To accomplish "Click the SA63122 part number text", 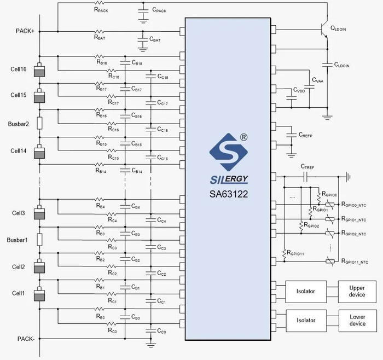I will (229, 193).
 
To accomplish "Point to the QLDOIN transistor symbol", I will (325, 32).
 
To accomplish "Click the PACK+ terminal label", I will (25, 31).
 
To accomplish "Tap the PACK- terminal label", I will (26, 339).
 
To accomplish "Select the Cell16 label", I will (19, 70).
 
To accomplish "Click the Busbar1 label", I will (19, 240).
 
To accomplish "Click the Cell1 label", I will (18, 294).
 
